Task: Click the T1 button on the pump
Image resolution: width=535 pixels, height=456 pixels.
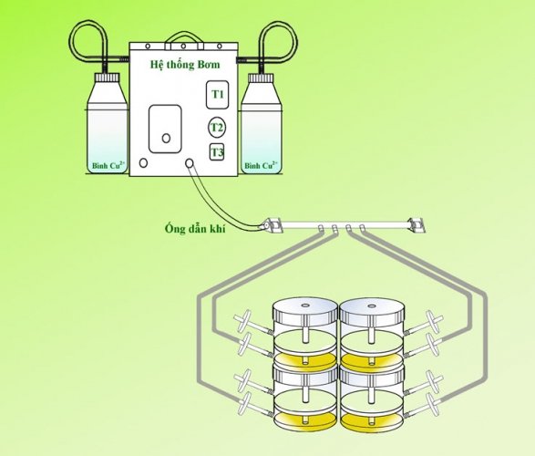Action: [x=217, y=95]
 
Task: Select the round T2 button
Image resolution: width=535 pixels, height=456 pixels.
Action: [x=217, y=128]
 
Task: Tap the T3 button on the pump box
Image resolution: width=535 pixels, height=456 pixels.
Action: [x=217, y=152]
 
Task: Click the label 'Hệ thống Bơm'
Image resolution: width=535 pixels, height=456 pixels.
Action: [x=185, y=65]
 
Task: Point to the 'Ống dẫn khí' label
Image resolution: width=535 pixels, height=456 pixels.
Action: [x=195, y=228]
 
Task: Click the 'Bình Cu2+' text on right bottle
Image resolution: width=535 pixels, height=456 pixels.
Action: [x=261, y=166]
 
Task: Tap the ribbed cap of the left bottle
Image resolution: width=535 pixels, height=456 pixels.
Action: [x=108, y=78]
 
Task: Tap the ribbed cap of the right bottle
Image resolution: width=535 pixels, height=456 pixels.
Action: [x=261, y=78]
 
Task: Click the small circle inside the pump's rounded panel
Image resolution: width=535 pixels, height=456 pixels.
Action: [x=166, y=139]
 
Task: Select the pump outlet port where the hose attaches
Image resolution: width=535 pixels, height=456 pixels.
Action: [x=190, y=163]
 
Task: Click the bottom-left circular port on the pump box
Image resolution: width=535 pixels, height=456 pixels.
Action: [x=144, y=163]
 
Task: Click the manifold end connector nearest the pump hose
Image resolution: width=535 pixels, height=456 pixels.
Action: [x=273, y=225]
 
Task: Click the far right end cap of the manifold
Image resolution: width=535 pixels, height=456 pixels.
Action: [x=417, y=225]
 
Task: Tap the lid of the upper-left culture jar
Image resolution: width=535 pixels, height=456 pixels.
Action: [x=305, y=310]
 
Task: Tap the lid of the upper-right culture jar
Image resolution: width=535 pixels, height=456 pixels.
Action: [x=373, y=310]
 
